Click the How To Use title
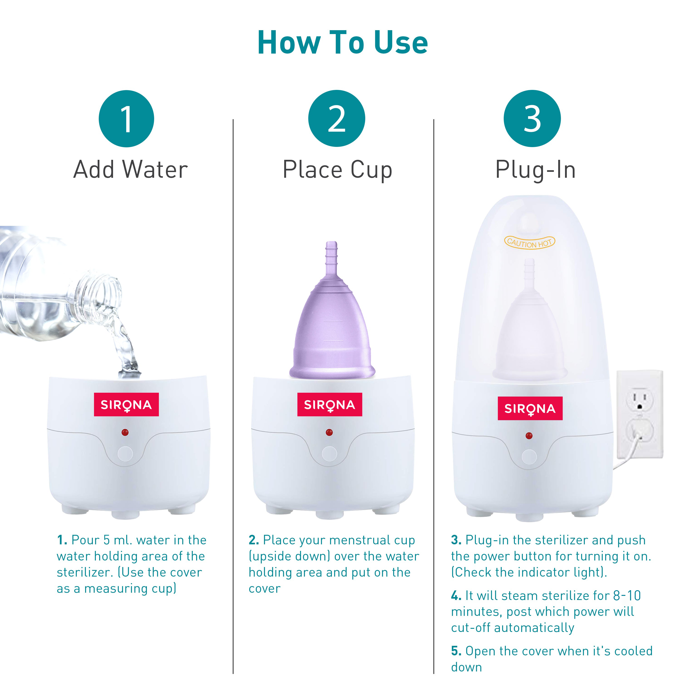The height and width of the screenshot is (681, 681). [342, 43]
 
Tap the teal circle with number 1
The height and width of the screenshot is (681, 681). [126, 119]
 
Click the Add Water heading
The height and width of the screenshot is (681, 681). [131, 170]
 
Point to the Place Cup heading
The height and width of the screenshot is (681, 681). [337, 170]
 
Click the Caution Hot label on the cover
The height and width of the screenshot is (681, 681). [529, 242]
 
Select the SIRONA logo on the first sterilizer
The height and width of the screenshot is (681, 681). [126, 405]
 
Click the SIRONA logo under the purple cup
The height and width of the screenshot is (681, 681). [330, 405]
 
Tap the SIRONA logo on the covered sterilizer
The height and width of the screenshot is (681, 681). [530, 409]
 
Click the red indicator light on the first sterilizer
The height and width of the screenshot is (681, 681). [125, 432]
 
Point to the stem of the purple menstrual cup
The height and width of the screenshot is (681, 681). [331, 257]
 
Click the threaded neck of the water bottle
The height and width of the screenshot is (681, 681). [102, 293]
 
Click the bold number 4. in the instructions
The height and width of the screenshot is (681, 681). [456, 596]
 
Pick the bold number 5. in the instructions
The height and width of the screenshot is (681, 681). [456, 651]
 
